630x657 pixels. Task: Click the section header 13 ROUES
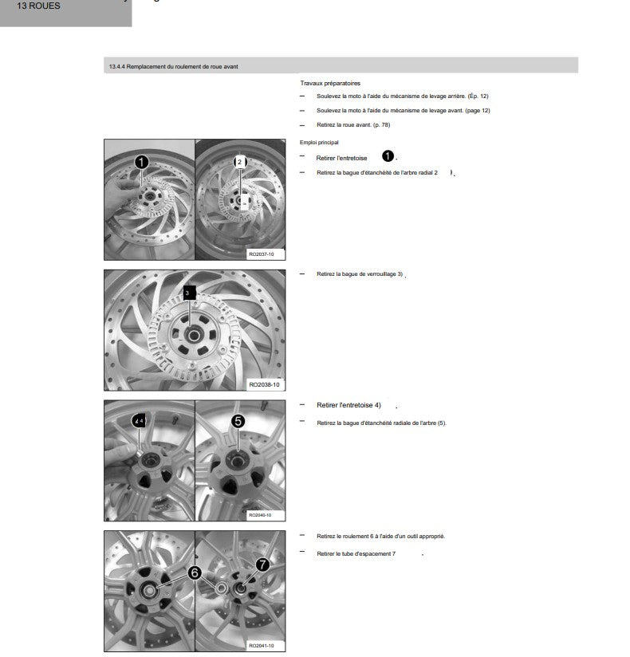[x=38, y=6]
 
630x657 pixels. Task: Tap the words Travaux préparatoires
[x=330, y=84]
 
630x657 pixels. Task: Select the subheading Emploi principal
[x=318, y=143]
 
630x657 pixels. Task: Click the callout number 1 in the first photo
[x=142, y=162]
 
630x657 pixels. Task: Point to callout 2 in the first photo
[x=240, y=162]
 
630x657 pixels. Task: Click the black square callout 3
[x=189, y=293]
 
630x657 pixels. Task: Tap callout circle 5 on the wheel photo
[x=238, y=421]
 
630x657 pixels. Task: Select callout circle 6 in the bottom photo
[x=195, y=572]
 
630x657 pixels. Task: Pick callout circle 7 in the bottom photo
[x=262, y=565]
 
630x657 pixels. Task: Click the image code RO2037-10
[x=261, y=254]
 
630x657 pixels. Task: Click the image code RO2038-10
[x=264, y=384]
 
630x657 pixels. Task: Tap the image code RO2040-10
[x=260, y=515]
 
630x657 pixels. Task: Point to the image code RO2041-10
[x=261, y=646]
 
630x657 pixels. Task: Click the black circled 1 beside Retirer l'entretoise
[x=388, y=156]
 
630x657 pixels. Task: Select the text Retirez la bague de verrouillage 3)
[x=360, y=274]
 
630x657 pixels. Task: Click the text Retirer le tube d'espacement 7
[x=356, y=554]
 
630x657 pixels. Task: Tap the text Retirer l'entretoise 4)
[x=348, y=405]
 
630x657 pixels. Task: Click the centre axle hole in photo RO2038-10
[x=193, y=336]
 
